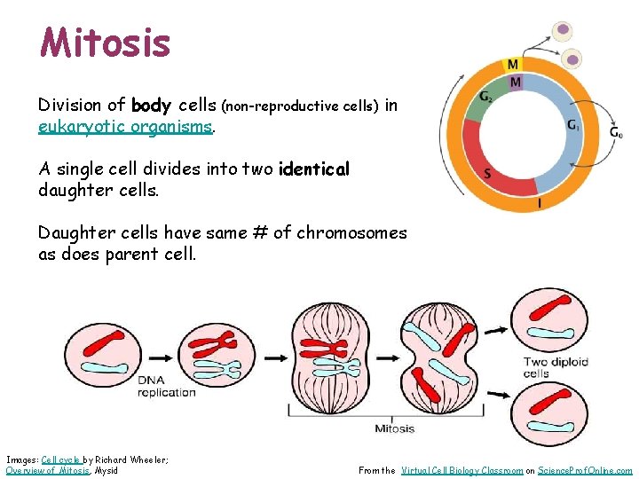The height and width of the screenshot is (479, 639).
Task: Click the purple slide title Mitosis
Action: tap(105, 42)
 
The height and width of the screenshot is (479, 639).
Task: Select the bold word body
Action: tap(151, 106)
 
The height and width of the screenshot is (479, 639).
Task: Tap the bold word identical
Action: tap(314, 169)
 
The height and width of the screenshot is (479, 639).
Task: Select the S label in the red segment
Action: tap(487, 174)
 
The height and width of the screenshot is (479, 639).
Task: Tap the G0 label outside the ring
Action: tap(616, 132)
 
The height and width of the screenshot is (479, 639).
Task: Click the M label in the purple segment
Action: tap(516, 82)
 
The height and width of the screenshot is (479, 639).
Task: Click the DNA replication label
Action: tap(167, 387)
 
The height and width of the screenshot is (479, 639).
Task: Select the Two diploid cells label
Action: tap(556, 367)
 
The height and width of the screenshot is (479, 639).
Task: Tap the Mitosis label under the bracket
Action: tap(394, 429)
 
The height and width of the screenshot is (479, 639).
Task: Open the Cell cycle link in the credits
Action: tap(61, 459)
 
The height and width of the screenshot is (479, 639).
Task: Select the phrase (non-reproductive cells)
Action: tap(299, 106)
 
